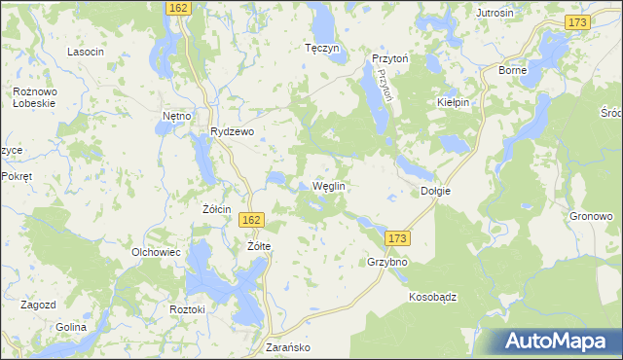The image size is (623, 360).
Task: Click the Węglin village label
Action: pos(329,186)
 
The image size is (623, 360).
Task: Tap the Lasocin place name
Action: pos(85,52)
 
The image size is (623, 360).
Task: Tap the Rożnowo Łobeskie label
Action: pos(32,97)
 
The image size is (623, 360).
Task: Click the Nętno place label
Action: pos(176,116)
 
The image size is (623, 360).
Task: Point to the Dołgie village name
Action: pos(435,192)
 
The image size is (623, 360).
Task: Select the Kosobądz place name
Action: pos(433,296)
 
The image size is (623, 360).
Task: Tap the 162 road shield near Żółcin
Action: pos(250,221)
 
